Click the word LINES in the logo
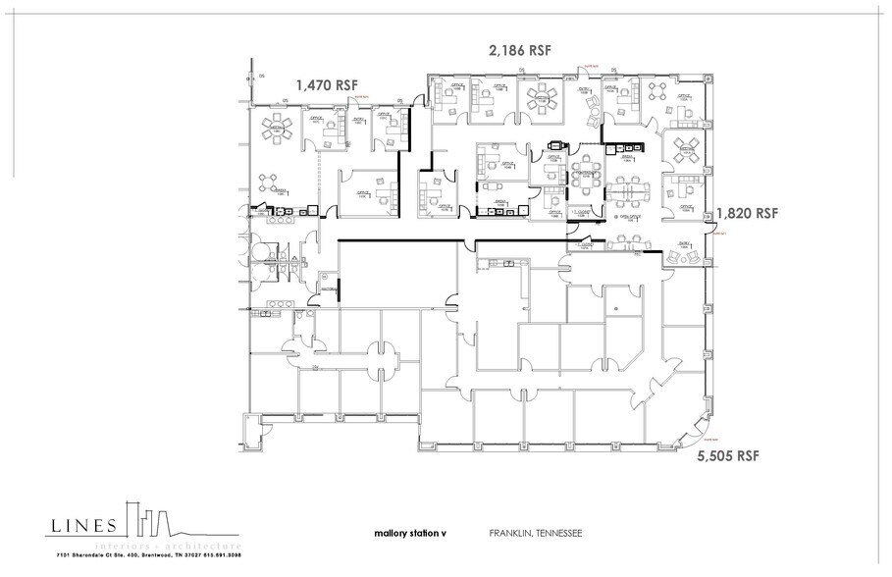[x=84, y=525]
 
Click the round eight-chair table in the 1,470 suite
[x=276, y=128]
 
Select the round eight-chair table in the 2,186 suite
[x=541, y=99]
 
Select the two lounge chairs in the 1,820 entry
[x=684, y=254]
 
